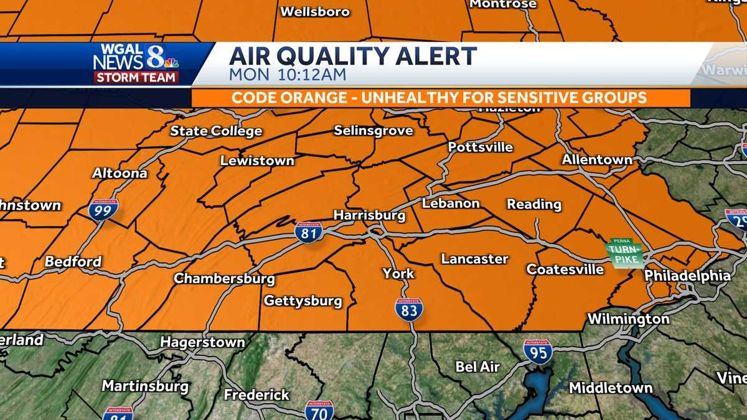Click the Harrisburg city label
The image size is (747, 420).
pyautogui.click(x=369, y=216)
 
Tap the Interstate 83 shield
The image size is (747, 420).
pyautogui.click(x=408, y=309)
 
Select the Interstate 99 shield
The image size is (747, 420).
pyautogui.click(x=103, y=210)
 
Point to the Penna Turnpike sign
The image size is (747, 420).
pyautogui.click(x=625, y=253)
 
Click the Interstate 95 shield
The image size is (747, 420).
pyautogui.click(x=537, y=352)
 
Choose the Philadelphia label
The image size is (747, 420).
pyautogui.click(x=687, y=275)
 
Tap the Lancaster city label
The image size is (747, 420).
pyautogui.click(x=474, y=259)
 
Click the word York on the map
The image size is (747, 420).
pyautogui.click(x=398, y=274)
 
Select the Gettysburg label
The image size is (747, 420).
pyautogui.click(x=303, y=301)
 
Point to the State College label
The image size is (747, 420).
pyautogui.click(x=216, y=131)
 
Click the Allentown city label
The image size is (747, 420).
pyautogui.click(x=596, y=160)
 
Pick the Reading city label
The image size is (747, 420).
pyautogui.click(x=533, y=204)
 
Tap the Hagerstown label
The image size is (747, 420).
pyautogui.click(x=202, y=342)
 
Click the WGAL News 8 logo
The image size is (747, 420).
pyautogui.click(x=136, y=63)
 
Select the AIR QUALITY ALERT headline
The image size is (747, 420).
pyautogui.click(x=352, y=56)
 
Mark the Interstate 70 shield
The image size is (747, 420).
pyautogui.click(x=319, y=411)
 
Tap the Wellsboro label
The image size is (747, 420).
pyautogui.click(x=315, y=12)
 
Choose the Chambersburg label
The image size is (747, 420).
pyautogui.click(x=224, y=278)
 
